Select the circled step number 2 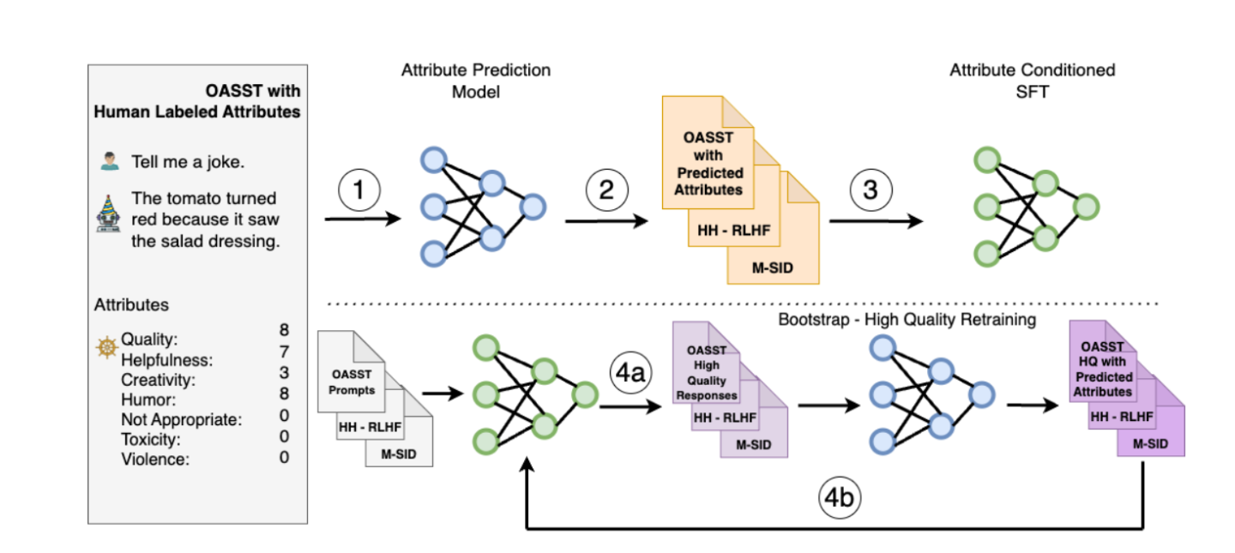tap(606, 190)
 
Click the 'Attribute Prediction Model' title tap(476, 81)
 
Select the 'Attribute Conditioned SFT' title tap(1032, 81)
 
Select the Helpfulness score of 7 tap(284, 352)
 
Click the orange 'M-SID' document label tap(774, 267)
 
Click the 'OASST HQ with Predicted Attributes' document tap(1103, 370)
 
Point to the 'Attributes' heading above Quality tap(131, 305)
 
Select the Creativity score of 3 tap(284, 373)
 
